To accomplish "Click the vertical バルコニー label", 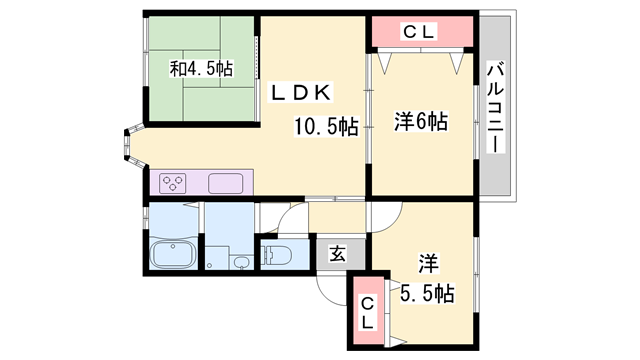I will [x=494, y=106].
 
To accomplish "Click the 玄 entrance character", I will [x=338, y=254].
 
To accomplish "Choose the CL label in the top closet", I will [x=420, y=32].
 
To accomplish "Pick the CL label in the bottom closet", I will [x=367, y=312].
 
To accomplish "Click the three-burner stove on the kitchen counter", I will [x=174, y=183].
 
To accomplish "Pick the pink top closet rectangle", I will [x=420, y=32].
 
